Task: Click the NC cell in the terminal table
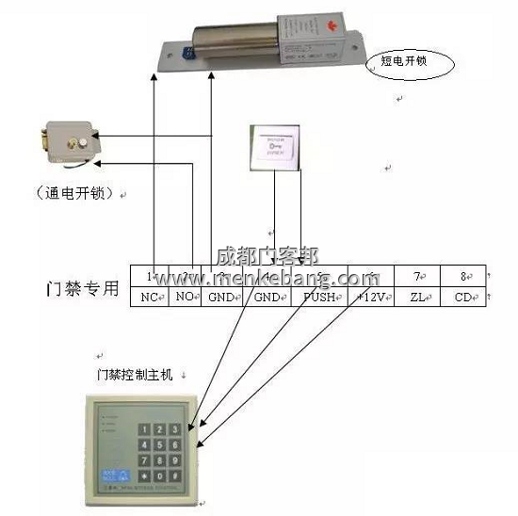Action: (x=149, y=298)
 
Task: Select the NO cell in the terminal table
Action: (x=185, y=298)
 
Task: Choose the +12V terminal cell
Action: (x=370, y=298)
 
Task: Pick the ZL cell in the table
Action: (x=418, y=298)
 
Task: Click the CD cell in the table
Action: (x=462, y=298)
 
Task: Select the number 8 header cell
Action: (x=462, y=276)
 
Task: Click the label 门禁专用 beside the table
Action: (x=83, y=288)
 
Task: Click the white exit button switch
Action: (x=275, y=148)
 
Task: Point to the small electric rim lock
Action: (x=66, y=143)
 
